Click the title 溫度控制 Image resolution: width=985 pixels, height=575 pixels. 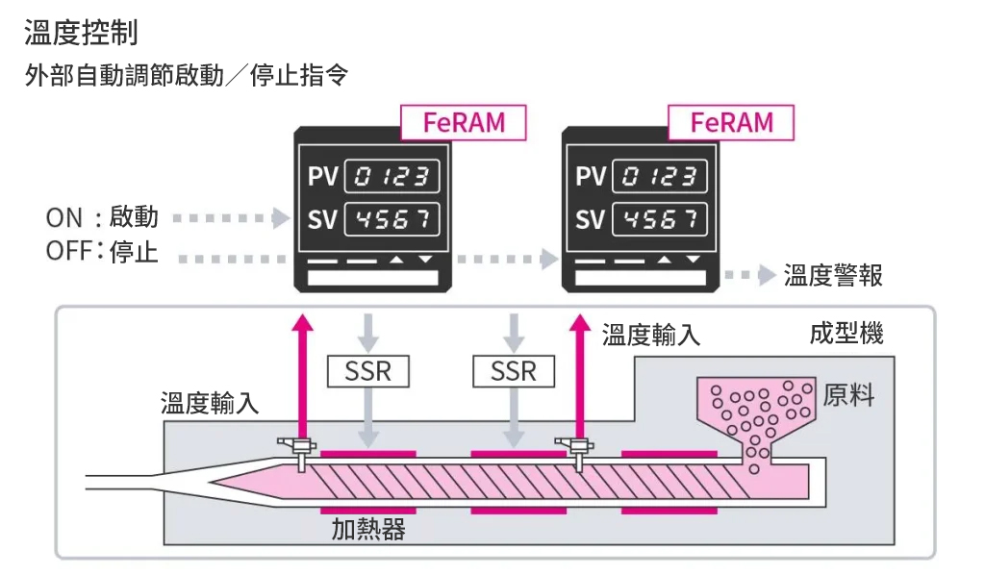pos(81,32)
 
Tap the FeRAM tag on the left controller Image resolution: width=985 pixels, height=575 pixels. pos(464,123)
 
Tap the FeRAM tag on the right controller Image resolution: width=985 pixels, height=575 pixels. pos(732,123)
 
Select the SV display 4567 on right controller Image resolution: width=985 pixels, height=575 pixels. pos(660,219)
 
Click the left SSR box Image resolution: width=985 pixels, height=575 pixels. pos(367,370)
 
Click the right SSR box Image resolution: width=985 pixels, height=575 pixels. pos(514,370)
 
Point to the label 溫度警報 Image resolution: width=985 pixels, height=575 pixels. pos(833,276)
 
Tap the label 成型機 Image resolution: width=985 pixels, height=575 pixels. pos(846,335)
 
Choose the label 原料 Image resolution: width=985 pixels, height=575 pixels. pos(848,395)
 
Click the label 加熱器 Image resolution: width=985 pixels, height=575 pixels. pos(368,529)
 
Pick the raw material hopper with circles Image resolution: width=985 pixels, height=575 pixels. pos(759,418)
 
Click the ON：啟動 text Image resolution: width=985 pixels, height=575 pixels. pos(102,217)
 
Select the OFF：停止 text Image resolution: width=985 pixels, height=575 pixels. pos(102,253)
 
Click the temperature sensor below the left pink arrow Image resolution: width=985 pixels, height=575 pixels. pos(299,450)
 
